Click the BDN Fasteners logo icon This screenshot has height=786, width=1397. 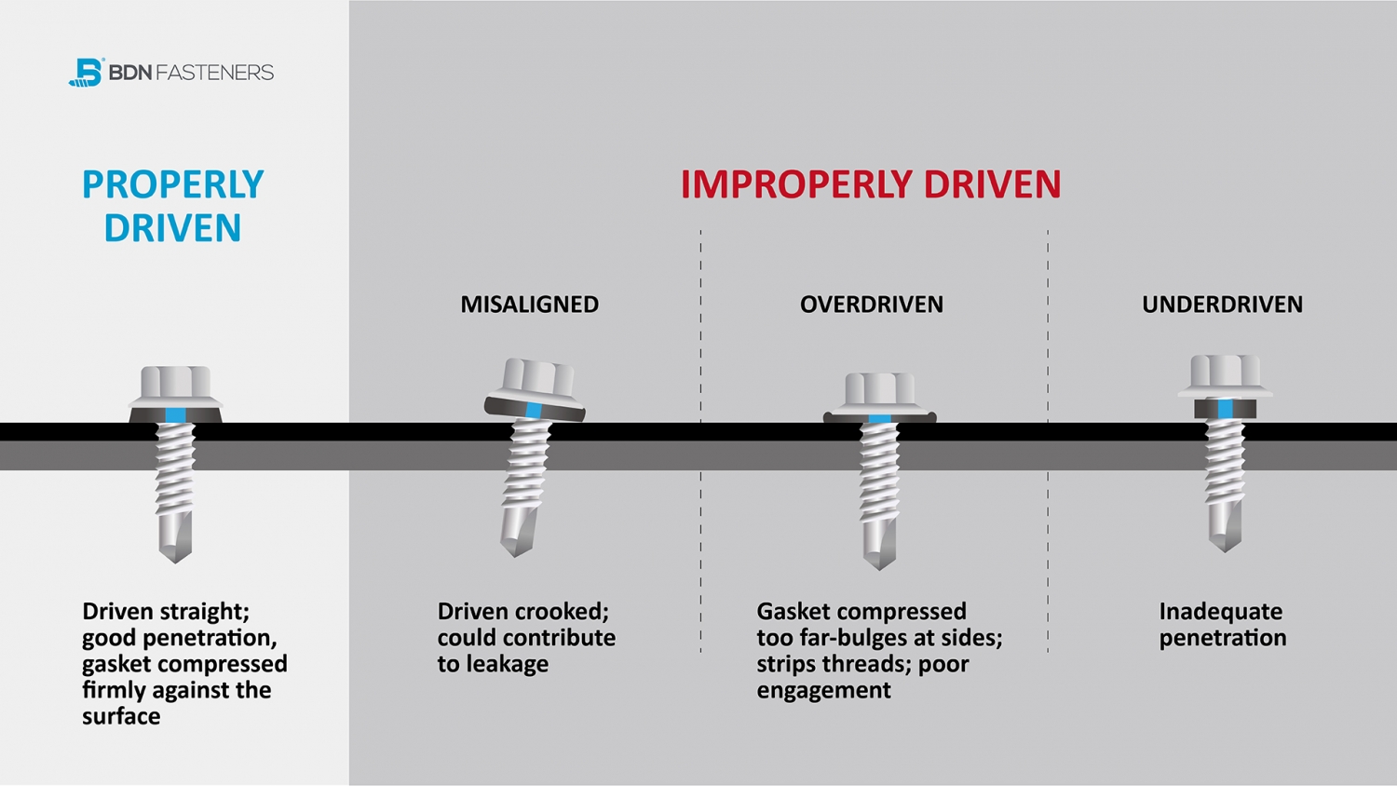click(86, 72)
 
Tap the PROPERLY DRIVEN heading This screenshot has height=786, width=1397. click(172, 206)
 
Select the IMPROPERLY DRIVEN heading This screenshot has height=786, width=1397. click(870, 184)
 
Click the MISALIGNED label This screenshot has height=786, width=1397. click(529, 305)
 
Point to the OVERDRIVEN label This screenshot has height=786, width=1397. click(871, 305)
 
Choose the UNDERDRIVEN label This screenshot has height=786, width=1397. click(1222, 305)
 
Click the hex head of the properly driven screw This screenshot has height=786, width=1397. click(175, 382)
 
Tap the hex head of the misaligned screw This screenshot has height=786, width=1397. click(536, 377)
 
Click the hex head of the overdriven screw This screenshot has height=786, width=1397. click(880, 388)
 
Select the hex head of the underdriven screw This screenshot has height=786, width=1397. click(1226, 371)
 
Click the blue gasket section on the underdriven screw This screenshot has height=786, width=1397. click(1225, 409)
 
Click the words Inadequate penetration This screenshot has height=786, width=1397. click(1222, 625)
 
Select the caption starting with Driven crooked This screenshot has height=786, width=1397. click(526, 638)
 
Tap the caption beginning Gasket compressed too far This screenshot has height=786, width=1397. click(878, 651)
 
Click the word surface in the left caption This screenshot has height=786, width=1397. click(121, 716)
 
